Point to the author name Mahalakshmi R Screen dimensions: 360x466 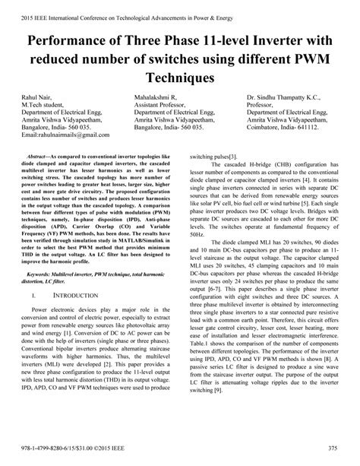pos(155,98)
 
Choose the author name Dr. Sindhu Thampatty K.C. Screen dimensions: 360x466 pos(287,98)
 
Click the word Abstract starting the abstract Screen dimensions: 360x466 pos(43,154)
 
